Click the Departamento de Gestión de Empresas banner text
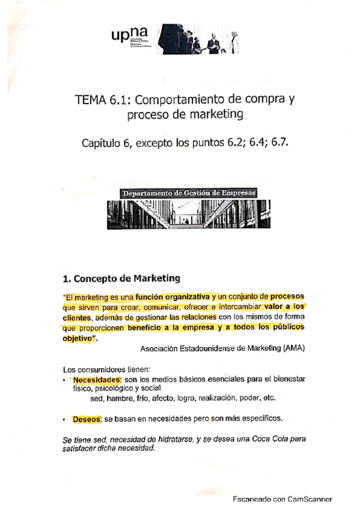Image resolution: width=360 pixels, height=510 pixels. (x=188, y=193)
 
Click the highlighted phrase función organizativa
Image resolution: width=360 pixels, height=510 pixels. (x=172, y=297)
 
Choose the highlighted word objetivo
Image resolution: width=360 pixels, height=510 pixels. (x=79, y=338)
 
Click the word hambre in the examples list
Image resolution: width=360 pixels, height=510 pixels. (x=120, y=398)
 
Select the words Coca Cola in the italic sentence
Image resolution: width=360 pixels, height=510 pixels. (x=256, y=440)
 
